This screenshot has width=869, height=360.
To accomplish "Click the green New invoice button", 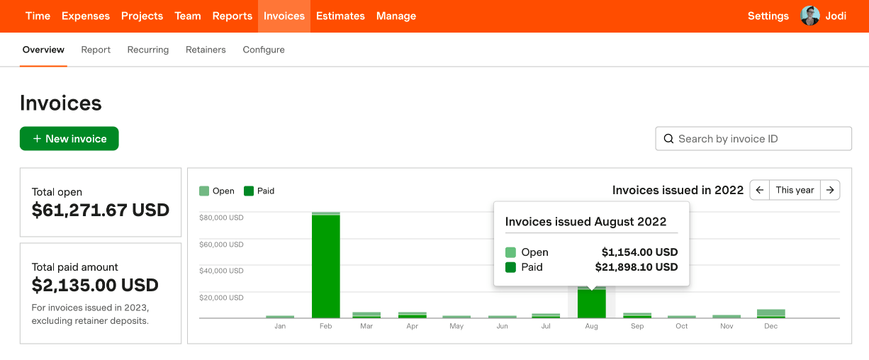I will point(69,139).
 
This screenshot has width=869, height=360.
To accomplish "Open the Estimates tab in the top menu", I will point(340,16).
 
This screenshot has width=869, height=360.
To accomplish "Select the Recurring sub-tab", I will point(148,50).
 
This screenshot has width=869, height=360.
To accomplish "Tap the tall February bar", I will point(326,266).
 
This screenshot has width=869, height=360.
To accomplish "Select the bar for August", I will point(591,303).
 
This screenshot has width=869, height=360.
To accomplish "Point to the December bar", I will point(770,313).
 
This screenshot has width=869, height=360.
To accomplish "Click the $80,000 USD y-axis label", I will point(222,218).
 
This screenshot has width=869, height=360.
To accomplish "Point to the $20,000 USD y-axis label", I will point(222,298).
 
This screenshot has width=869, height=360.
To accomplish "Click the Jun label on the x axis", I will point(502,326).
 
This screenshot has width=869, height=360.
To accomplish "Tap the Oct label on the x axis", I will point(681,326).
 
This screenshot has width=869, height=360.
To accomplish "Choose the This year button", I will point(795,190).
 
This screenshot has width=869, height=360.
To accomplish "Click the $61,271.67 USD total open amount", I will point(101,210).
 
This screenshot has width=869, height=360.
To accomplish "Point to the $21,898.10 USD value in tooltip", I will point(636,267).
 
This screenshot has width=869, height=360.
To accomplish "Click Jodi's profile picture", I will point(810,16).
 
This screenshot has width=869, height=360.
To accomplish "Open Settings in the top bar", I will point(768,16).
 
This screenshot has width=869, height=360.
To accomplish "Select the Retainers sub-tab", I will point(206,50).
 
